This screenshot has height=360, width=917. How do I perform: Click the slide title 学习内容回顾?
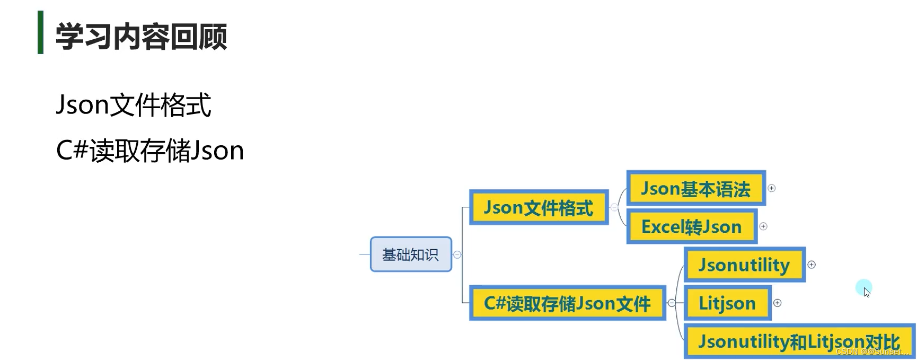[141, 36]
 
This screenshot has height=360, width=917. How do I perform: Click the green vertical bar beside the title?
[40, 32]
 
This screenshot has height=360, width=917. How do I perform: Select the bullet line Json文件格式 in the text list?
[134, 104]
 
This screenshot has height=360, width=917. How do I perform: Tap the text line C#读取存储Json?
[149, 151]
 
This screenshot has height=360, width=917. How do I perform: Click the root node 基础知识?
[411, 254]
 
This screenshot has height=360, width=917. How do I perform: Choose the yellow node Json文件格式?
[539, 207]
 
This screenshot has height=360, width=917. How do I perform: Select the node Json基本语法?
[695, 188]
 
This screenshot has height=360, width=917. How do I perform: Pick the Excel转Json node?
[691, 226]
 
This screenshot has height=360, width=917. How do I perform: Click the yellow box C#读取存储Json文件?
[567, 303]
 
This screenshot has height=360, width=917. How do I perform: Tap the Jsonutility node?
[744, 265]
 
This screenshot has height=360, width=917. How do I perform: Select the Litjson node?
[727, 303]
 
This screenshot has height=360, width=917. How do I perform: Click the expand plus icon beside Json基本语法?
[772, 188]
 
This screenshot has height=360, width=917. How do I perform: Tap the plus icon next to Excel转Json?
[763, 226]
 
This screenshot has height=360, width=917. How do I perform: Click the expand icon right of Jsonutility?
[812, 265]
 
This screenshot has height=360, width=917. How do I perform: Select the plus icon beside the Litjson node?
[778, 303]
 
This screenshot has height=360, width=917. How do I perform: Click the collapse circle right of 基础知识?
[457, 254]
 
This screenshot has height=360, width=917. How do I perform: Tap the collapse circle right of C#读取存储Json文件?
[672, 303]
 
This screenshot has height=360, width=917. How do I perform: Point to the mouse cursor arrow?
[866, 292]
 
